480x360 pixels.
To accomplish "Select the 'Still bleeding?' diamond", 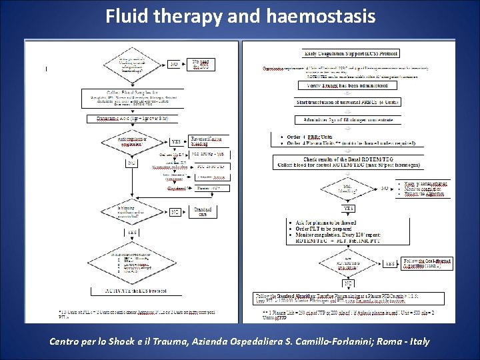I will pyautogui.click(x=348, y=188).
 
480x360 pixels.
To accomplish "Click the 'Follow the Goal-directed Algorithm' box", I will pyautogui.click(x=427, y=263).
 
